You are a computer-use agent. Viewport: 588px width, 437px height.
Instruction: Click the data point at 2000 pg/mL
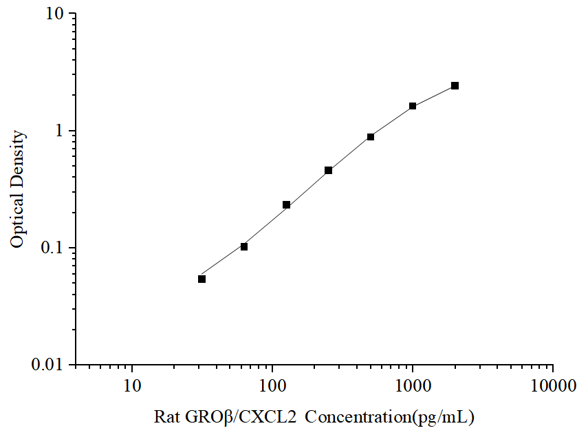pyautogui.click(x=455, y=86)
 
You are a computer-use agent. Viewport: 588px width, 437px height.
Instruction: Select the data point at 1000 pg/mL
pyautogui.click(x=413, y=106)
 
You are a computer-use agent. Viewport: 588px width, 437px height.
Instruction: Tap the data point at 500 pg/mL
pyautogui.click(x=371, y=137)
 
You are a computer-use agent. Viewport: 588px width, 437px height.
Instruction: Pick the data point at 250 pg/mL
pyautogui.click(x=329, y=170)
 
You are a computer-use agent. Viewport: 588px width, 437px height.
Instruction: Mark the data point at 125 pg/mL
pyautogui.click(x=286, y=205)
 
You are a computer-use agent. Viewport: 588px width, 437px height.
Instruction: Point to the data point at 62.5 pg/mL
pyautogui.click(x=244, y=246)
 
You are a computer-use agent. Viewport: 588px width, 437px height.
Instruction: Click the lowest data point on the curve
pyautogui.click(x=202, y=279)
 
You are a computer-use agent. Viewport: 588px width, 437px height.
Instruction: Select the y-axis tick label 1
pyautogui.click(x=61, y=131)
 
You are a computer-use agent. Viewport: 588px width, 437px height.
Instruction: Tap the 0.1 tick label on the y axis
pyautogui.click(x=54, y=248)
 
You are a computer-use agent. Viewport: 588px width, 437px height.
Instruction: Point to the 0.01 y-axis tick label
pyautogui.click(x=50, y=364)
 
